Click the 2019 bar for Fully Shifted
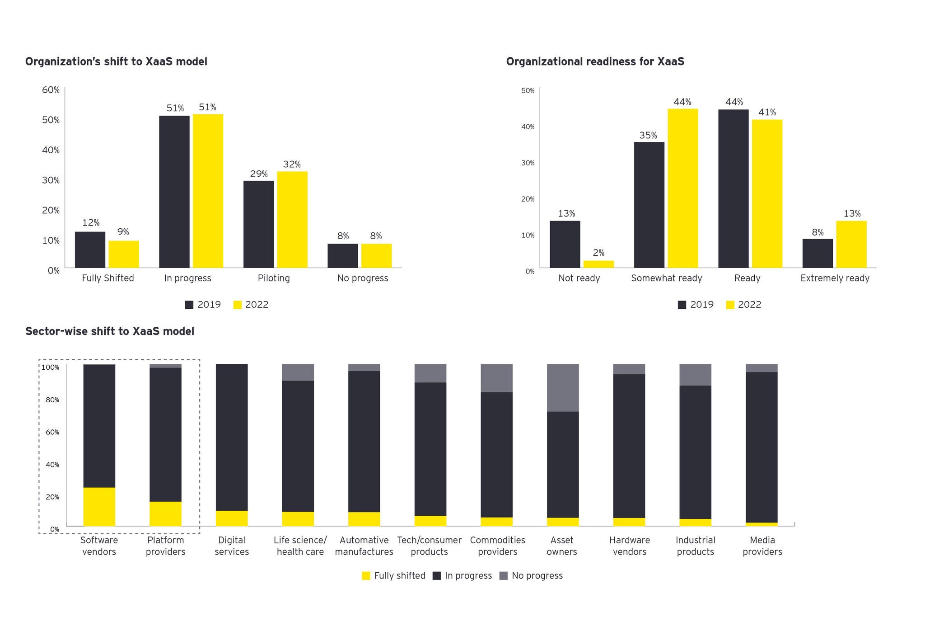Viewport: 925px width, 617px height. pos(90,250)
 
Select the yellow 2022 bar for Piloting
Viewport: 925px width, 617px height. pos(292,219)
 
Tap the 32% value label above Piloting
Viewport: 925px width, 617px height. pos(292,165)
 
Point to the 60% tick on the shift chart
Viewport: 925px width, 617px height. pos(51,89)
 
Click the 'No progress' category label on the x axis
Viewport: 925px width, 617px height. pos(362,278)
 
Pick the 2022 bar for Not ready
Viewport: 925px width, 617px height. pos(598,264)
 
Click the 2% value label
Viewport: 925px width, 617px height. pos(598,253)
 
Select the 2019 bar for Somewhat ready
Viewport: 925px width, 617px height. pos(649,205)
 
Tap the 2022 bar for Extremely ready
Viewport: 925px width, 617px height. pos(851,244)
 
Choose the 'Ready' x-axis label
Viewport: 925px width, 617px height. pos(747,278)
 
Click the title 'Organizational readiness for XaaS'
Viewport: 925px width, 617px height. pos(595,61)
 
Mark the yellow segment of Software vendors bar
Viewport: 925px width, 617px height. pos(99,506)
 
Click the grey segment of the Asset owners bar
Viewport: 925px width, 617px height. pos(563,387)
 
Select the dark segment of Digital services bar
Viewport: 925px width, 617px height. pos(232,437)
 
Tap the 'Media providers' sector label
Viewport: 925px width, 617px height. pos(762,546)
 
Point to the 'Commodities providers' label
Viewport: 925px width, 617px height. pos(497,546)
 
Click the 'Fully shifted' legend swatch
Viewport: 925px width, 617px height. pos(366,576)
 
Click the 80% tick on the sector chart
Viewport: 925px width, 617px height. pos(52,400)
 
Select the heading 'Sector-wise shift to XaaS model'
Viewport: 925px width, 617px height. pos(110,331)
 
